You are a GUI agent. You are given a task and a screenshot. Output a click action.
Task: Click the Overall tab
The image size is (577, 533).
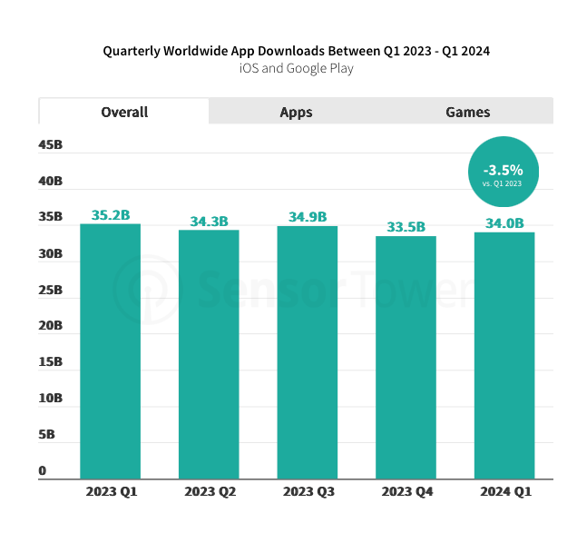[x=124, y=112]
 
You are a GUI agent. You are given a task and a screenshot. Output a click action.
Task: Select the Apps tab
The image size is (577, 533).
[x=296, y=112]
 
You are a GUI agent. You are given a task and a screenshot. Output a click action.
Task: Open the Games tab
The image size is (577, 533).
[x=467, y=112]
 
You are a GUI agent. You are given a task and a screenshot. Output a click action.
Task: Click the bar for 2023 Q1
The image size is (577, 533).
[x=111, y=350]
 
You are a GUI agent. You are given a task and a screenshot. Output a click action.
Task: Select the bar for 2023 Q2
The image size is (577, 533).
[x=209, y=354]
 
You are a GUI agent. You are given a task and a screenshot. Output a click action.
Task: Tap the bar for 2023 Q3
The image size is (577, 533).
[x=308, y=351]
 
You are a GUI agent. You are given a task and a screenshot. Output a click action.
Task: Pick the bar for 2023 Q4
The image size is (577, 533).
[x=406, y=357]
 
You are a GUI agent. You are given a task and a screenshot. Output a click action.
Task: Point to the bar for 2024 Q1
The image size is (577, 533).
[x=504, y=355]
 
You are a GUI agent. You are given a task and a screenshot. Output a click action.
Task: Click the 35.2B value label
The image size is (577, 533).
[x=111, y=215]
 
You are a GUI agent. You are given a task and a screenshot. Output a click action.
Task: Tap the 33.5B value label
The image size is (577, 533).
[x=406, y=227]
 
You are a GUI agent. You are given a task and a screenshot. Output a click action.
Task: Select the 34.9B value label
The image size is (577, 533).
[x=308, y=217]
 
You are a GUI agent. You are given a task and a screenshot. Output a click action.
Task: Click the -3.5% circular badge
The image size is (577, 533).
[x=503, y=172]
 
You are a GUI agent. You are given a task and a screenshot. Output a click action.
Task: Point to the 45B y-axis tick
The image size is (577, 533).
[x=50, y=145]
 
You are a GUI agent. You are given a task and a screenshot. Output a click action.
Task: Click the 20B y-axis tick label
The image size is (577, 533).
[x=50, y=326]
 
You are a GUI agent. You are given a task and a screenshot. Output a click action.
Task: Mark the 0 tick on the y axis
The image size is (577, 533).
[x=43, y=471]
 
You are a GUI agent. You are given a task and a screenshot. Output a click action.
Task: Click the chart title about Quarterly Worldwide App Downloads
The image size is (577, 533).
[x=296, y=51]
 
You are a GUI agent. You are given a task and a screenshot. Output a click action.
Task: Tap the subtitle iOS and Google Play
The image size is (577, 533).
[x=296, y=68]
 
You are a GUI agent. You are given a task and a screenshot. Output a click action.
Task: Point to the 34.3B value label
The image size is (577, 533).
[x=209, y=222]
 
